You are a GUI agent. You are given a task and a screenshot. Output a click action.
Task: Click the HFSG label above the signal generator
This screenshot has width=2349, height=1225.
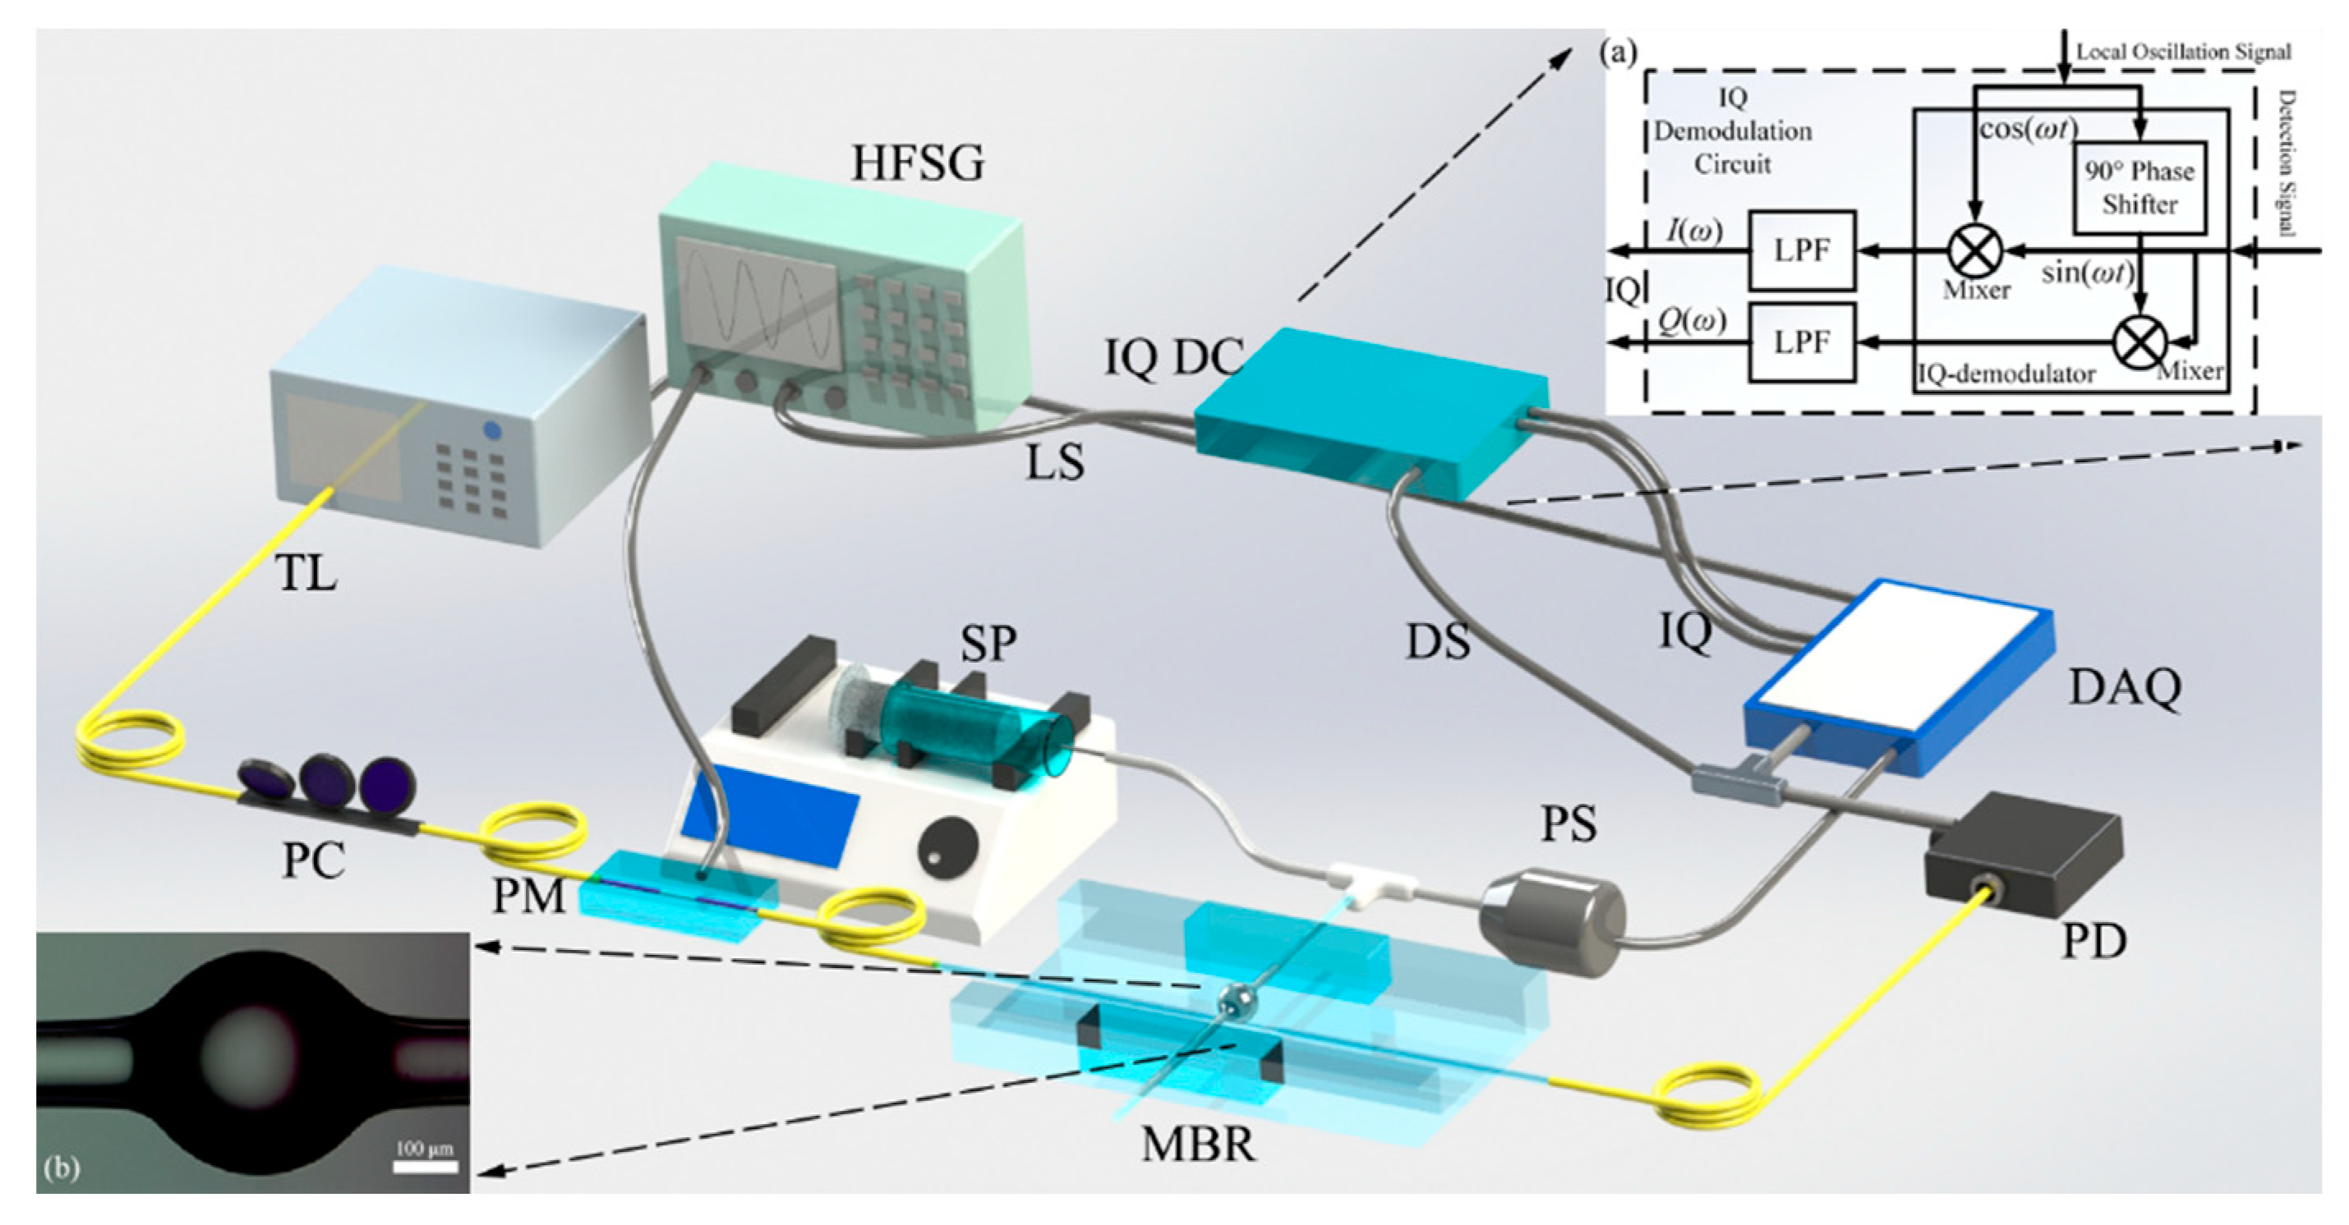pyautogui.click(x=918, y=164)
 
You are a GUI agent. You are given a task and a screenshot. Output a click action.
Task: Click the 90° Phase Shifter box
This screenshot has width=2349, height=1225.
pyautogui.click(x=2139, y=188)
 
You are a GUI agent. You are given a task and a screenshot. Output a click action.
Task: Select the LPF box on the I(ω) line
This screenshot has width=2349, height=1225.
pyautogui.click(x=1802, y=250)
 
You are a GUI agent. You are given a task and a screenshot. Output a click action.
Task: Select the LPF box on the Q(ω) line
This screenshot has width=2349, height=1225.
pyautogui.click(x=1802, y=342)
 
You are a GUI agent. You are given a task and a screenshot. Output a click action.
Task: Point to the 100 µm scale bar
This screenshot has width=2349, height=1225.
pyautogui.click(x=424, y=1163)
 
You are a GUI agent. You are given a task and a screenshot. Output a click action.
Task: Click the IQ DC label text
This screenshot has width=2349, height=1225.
pyautogui.click(x=1173, y=357)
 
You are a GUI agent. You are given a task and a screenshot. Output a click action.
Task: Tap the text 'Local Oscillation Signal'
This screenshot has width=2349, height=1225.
pyautogui.click(x=2183, y=52)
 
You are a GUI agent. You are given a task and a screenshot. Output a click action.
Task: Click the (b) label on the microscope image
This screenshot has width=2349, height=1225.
pyautogui.click(x=62, y=1168)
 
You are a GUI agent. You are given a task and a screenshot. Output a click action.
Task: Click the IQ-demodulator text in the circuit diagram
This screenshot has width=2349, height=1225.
pyautogui.click(x=2006, y=374)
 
